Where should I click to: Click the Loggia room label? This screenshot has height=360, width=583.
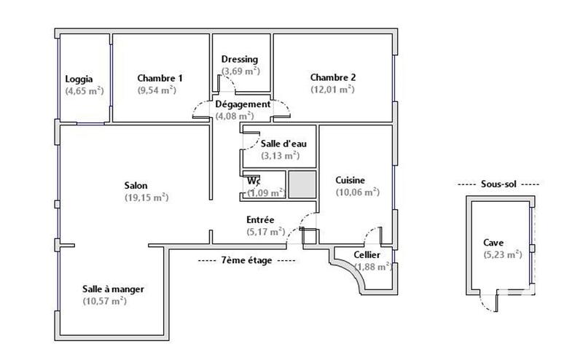click(x=79, y=79)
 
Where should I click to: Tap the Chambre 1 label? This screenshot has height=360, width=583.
click(x=160, y=79)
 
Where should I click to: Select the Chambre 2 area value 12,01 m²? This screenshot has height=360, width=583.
click(x=332, y=90)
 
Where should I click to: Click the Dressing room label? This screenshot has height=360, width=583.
click(x=240, y=59)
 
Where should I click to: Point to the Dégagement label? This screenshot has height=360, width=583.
click(x=243, y=104)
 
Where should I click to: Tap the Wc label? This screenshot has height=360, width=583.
click(x=254, y=181)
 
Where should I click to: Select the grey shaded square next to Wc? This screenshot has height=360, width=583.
click(x=301, y=184)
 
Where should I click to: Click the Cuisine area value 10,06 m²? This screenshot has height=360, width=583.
click(x=356, y=192)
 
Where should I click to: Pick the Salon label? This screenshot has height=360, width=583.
click(x=136, y=185)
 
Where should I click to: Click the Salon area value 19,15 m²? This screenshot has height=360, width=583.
click(x=146, y=197)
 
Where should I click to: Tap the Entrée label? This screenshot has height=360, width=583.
click(x=260, y=219)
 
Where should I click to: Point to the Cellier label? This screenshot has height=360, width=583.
click(x=367, y=255)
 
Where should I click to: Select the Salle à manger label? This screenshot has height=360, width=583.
click(x=113, y=289)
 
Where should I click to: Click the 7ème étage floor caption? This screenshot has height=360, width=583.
click(x=247, y=260)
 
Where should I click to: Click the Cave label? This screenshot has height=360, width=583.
click(x=493, y=243)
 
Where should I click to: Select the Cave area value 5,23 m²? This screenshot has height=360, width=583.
click(x=502, y=254)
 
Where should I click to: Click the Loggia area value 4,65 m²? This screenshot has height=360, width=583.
click(x=85, y=91)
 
